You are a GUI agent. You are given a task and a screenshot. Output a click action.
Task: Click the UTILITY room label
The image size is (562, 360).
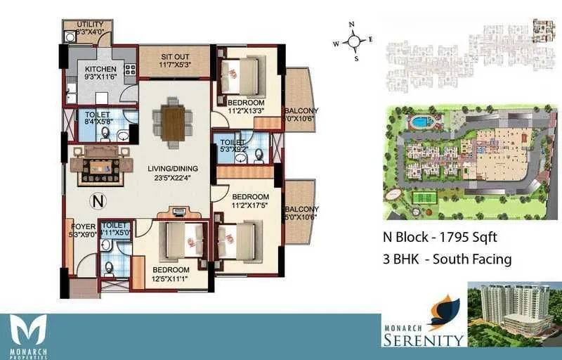coord(90,25)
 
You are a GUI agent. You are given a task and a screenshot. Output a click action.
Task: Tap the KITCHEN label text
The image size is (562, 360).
coord(100,69)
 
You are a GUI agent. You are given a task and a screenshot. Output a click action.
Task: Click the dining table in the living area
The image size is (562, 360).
coord(172,123)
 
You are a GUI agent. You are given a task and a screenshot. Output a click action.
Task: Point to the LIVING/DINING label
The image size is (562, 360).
coord(172,168)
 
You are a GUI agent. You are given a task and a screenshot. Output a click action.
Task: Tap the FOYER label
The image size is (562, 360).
coord(84,226)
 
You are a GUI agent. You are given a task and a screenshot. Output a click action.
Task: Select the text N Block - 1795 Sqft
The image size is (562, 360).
coord(440,237)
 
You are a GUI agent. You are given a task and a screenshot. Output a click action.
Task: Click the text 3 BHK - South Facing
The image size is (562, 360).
coord(447,259)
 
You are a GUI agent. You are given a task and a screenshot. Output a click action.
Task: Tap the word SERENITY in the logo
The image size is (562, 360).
coord(423,340)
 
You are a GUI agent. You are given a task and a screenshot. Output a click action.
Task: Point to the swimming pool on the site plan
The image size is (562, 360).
coord(421,122)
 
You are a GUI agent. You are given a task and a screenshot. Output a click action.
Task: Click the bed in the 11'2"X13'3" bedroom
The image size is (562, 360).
coord(240,76)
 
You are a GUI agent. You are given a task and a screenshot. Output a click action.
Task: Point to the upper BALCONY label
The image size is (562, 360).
coord(301,110)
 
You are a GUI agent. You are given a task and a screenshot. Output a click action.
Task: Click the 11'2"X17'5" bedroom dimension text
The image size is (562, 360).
coord(250,205)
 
